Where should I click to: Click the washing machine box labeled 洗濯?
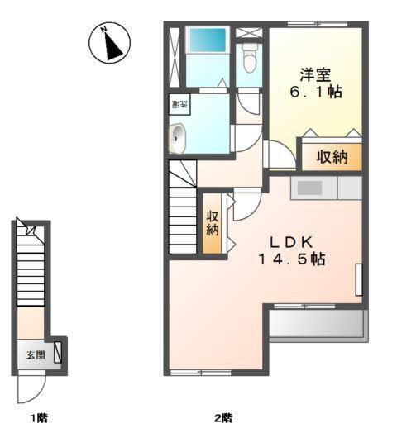tap(179, 104)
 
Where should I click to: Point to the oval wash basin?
tap(177, 140)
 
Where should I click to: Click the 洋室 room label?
tap(317, 74)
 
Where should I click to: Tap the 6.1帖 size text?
tap(317, 93)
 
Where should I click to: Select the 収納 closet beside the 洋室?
tap(330, 156)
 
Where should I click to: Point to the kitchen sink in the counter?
tap(309, 188)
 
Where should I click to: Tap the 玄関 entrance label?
tap(35, 355)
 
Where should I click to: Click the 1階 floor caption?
tap(38, 418)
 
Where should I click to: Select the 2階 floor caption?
tap(222, 418)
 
